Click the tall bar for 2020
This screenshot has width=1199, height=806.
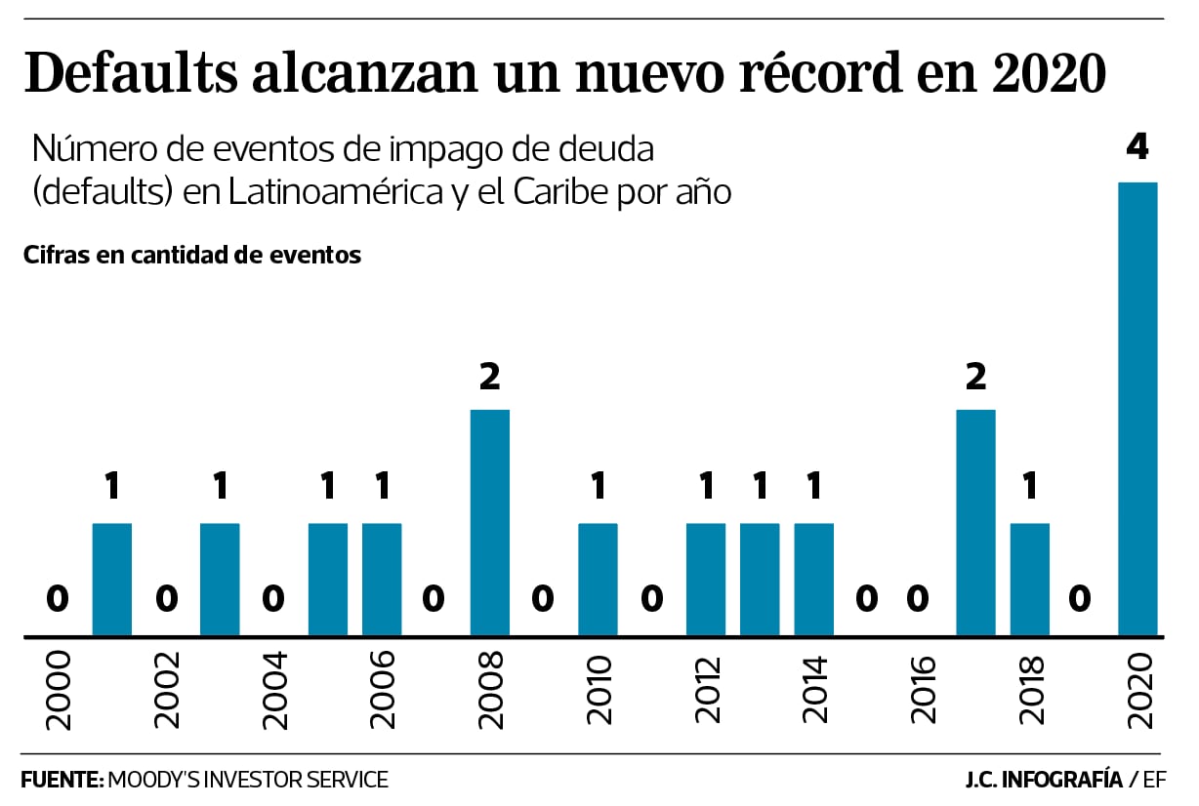pos(1137,410)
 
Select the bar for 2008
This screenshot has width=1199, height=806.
pos(489,523)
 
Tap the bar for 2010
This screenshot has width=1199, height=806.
pos(598,580)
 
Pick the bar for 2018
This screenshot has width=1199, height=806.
pos(1029,580)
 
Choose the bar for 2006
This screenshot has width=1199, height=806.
pos(382,580)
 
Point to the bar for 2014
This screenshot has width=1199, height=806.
pos(813,580)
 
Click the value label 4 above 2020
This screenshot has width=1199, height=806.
pos(1137,148)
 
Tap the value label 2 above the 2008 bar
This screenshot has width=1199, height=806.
pos(489,377)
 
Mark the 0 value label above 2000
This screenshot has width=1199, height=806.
pos(58,599)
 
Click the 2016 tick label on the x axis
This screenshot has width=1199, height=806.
pos(922,691)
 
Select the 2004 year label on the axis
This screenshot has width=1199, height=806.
pos(274,691)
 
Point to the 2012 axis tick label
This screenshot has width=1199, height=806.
pos(706,691)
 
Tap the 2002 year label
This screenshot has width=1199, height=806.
pos(166,691)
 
